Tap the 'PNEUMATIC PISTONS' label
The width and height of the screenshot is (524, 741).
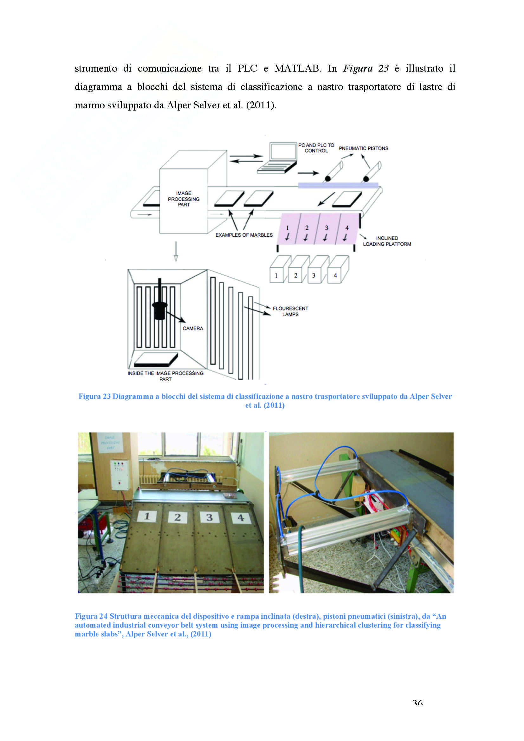pos(363,149)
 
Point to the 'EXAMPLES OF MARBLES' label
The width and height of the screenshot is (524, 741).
pos(244,235)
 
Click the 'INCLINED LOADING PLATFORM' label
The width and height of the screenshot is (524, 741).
pos(387,241)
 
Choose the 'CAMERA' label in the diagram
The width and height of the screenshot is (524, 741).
pos(193,329)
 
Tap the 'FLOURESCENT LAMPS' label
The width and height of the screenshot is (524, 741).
pos(290,311)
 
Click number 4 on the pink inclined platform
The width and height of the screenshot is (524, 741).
pos(347,228)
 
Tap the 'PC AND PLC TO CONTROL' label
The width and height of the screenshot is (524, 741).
pos(316,148)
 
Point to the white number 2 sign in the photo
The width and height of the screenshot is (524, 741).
pos(177,517)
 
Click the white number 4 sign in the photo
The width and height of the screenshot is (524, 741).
pos(241,518)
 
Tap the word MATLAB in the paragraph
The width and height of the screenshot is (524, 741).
pos(297,68)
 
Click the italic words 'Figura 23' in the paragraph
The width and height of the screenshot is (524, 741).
pos(366,68)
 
